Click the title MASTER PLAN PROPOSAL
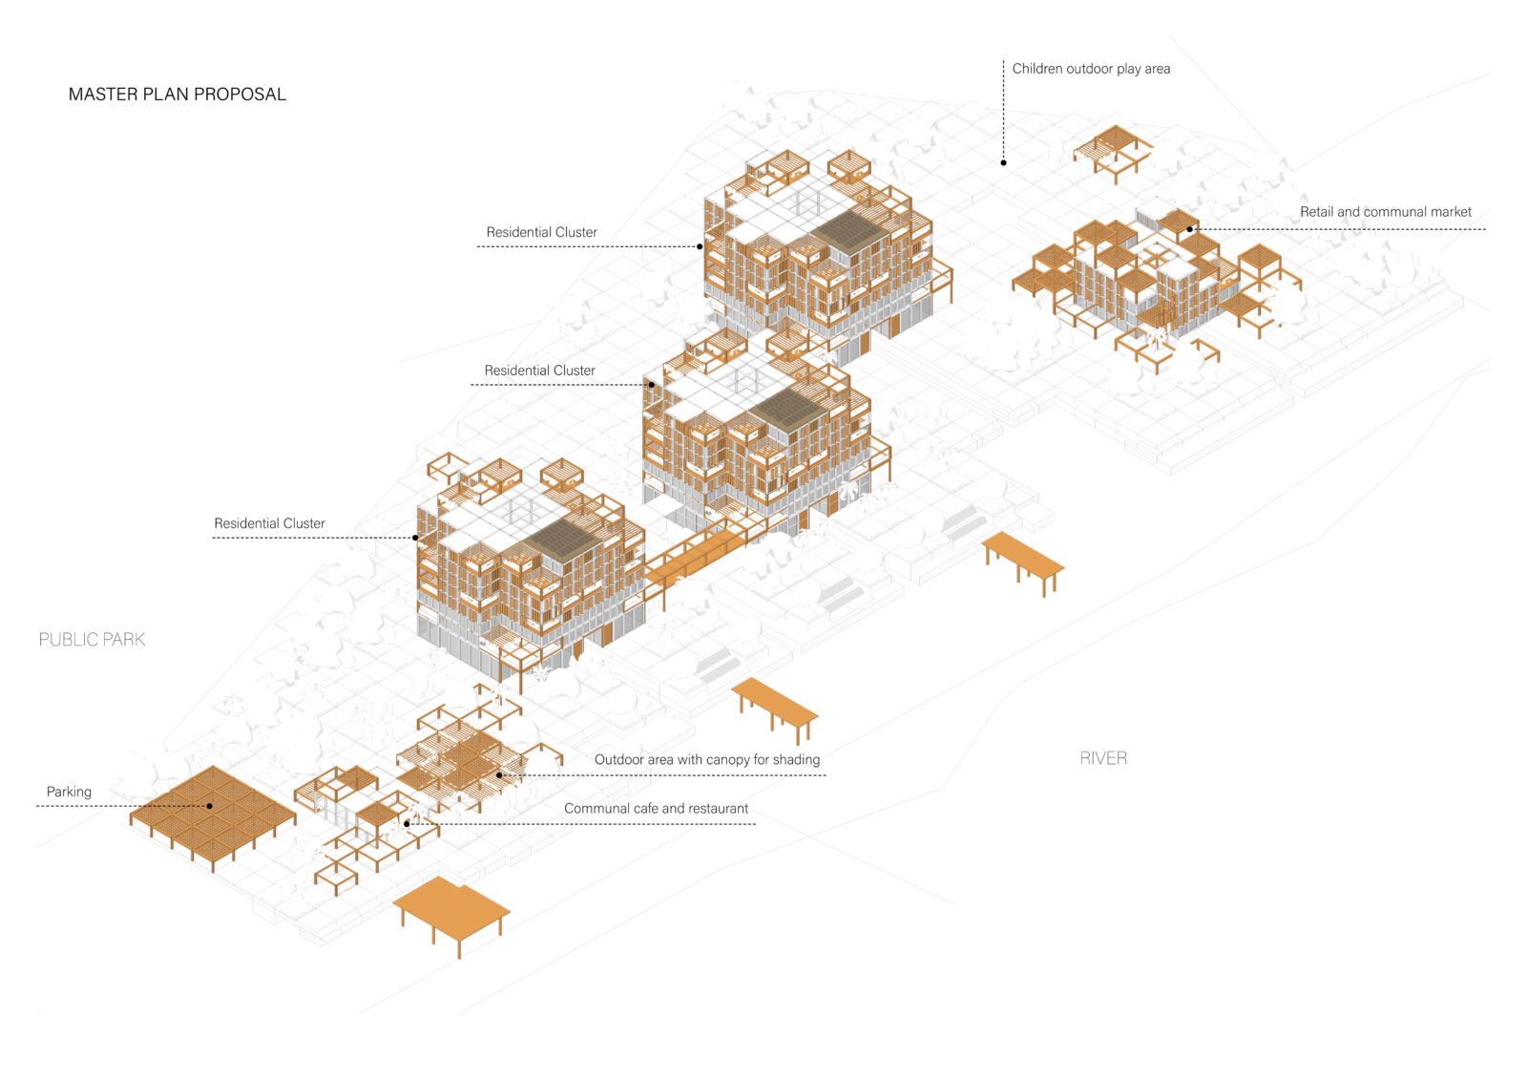(x=178, y=95)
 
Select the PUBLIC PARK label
(x=92, y=640)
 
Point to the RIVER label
(x=1103, y=758)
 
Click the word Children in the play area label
(x=1036, y=69)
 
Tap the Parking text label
(x=69, y=792)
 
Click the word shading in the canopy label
(x=797, y=760)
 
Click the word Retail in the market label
(x=1316, y=212)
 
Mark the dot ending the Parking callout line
(x=209, y=806)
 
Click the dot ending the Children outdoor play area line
(x=1003, y=163)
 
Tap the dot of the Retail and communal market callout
(x=1190, y=229)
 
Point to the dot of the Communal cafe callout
(x=407, y=824)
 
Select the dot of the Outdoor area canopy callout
(x=499, y=775)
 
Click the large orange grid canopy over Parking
(x=213, y=808)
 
